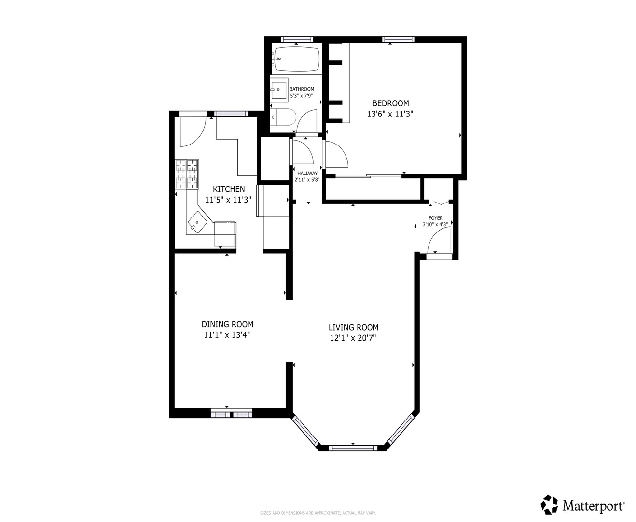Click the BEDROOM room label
coord(390,103)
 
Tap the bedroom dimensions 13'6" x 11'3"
coord(390,115)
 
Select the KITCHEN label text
coord(229,189)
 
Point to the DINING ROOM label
coord(227,324)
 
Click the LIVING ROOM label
coord(353,327)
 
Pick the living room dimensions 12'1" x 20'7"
coord(353,338)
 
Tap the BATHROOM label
coord(302,89)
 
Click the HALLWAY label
coord(307,174)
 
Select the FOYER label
coord(435,218)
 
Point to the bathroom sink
coord(278,89)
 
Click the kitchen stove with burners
coord(187,174)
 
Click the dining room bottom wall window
coord(232,414)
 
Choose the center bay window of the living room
coord(353,448)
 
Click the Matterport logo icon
coord(549,505)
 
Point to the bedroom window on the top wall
coord(398,39)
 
